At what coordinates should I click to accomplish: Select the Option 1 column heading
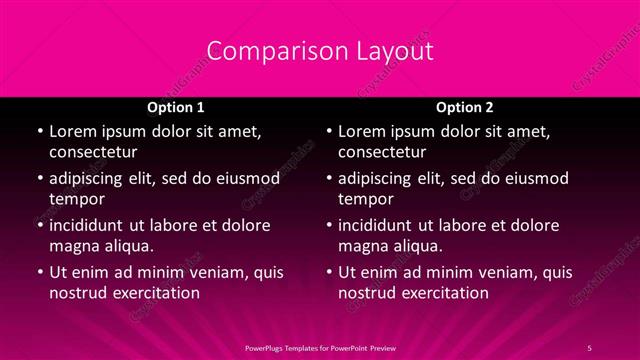click(176, 107)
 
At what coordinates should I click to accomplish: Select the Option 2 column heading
click(464, 107)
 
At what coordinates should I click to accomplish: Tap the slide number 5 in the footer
click(590, 346)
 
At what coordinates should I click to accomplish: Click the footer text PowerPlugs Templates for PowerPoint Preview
click(320, 346)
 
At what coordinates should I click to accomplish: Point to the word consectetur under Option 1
click(93, 152)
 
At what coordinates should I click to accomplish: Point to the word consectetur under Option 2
click(382, 152)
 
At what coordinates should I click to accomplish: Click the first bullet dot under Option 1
click(39, 132)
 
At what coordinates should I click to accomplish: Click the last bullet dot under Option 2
click(328, 272)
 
